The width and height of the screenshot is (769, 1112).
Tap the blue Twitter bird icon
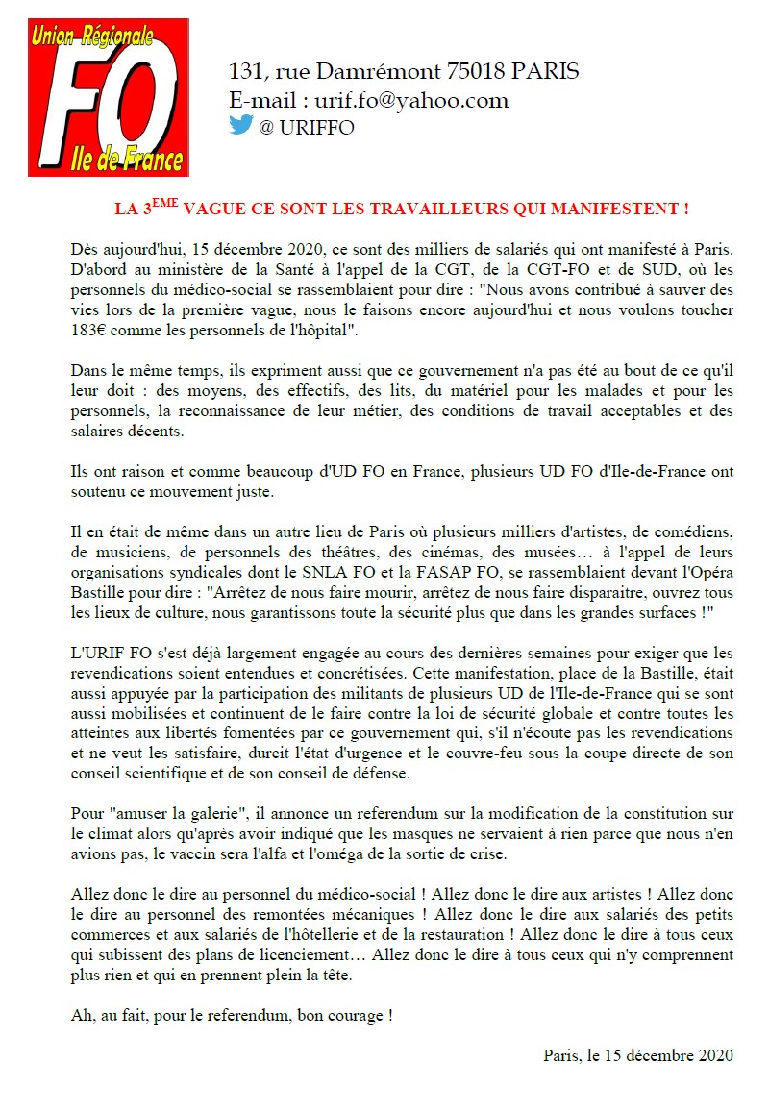pos(240,125)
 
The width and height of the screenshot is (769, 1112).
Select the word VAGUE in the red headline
pos(211,209)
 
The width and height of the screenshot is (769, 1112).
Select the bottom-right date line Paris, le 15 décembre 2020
pos(638,1054)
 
